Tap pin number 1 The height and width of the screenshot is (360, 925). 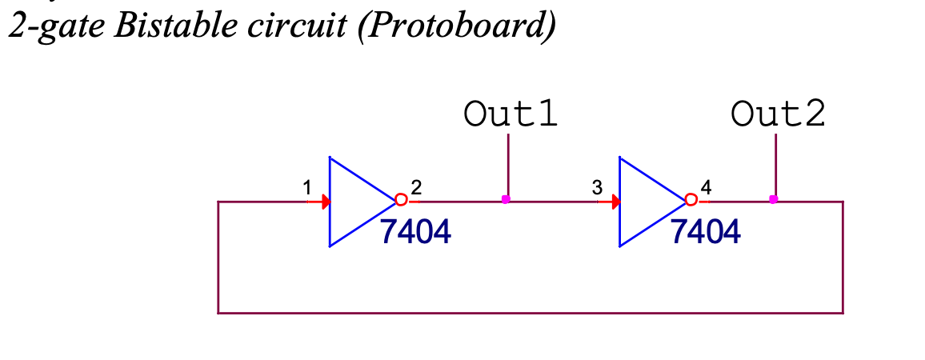(306, 188)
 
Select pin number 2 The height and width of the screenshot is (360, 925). (416, 188)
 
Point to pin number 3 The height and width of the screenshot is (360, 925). (596, 188)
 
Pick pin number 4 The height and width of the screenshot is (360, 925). (706, 188)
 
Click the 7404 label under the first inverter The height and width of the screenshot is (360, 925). (415, 232)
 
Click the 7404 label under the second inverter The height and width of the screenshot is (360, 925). (705, 232)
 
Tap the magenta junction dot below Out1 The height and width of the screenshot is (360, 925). (505, 199)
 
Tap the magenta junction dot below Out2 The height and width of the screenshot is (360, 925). (773, 199)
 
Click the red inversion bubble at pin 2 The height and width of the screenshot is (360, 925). (402, 200)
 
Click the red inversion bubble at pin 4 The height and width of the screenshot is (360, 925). (691, 200)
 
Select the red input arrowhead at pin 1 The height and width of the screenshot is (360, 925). (325, 201)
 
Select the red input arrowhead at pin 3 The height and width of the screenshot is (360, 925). (615, 201)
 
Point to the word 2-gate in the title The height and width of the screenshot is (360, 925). (56, 27)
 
